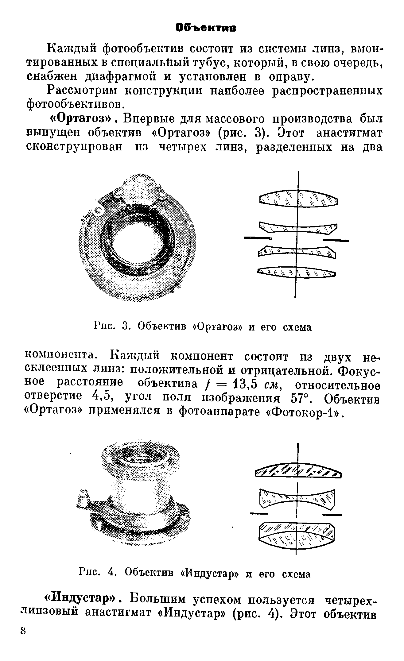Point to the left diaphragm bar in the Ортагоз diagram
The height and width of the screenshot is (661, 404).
tap(258, 238)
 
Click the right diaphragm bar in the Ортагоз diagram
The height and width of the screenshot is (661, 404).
tap(336, 240)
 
